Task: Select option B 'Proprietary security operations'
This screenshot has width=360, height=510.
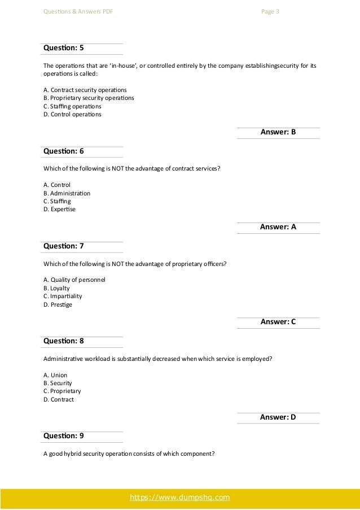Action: pos(88,98)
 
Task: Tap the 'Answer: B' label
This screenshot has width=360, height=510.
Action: pos(278,132)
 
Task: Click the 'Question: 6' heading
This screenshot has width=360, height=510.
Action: pos(63,151)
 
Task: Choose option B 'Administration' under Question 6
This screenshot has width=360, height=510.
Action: pos(67,193)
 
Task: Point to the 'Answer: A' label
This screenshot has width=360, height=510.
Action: pos(278,227)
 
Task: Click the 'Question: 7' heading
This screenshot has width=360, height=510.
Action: pos(63,246)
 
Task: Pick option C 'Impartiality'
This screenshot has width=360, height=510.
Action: pos(62,296)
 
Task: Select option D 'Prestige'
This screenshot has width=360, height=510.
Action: pos(58,305)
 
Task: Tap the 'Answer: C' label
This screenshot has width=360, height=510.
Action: pos(278,322)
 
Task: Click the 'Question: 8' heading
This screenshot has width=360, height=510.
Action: pos(63,341)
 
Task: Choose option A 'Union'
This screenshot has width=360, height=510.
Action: pos(55,375)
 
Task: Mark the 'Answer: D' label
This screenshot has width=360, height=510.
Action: pos(278,417)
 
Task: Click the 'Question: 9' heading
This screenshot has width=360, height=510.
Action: pos(63,436)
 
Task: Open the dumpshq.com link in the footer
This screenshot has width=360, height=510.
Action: pos(179,498)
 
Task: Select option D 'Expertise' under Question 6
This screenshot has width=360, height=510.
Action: pos(59,209)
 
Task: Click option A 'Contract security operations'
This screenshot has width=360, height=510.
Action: pos(85,90)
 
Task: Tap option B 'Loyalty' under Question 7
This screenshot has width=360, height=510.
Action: pos(56,288)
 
